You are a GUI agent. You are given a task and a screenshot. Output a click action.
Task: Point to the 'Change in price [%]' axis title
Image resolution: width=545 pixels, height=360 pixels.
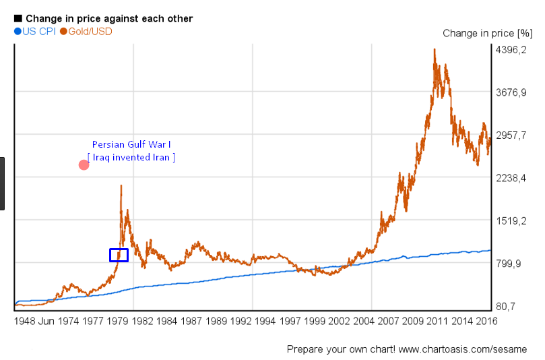coord(487,33)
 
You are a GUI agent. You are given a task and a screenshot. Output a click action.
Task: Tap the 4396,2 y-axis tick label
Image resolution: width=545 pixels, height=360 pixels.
coord(510,49)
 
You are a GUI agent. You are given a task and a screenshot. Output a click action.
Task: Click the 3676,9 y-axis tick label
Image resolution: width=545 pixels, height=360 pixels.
coord(510,92)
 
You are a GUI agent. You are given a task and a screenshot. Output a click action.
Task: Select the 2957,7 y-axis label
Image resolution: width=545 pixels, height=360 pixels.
coord(510,135)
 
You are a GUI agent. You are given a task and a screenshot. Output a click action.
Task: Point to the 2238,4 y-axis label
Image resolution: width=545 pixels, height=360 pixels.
coord(510,178)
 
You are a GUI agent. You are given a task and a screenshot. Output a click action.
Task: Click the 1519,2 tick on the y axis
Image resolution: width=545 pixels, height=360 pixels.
coord(510,220)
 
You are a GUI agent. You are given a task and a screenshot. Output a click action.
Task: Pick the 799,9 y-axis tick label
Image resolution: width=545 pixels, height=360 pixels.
coord(510,264)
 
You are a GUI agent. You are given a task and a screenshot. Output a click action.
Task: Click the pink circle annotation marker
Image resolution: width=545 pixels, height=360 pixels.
coord(84,164)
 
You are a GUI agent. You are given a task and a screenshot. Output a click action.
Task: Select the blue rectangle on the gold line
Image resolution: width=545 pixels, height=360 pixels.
coord(119,255)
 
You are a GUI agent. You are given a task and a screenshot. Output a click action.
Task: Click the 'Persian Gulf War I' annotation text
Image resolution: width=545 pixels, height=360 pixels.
coord(131,144)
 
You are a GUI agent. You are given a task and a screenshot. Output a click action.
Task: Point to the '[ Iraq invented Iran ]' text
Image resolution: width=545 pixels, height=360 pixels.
coord(131,157)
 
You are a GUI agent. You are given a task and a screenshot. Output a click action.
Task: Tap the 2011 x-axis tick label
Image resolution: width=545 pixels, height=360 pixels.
coord(438,322)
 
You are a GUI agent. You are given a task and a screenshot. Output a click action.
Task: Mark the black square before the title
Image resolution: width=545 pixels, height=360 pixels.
coord(18,18)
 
